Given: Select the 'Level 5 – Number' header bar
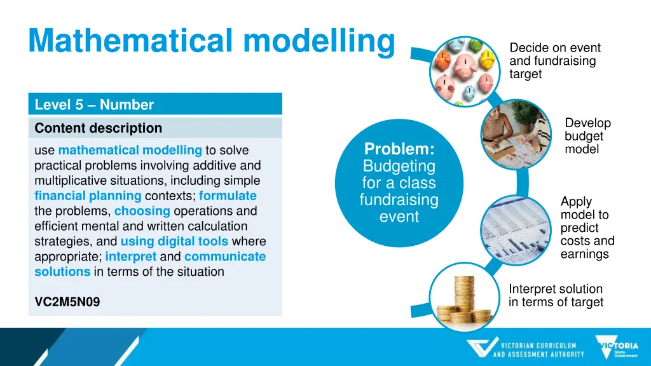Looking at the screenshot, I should (154, 104).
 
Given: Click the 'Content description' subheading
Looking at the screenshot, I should (99, 128).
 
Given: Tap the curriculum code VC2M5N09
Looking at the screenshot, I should (67, 302).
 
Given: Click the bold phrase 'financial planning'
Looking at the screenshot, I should (88, 196).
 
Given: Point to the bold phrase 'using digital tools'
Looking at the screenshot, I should (174, 241).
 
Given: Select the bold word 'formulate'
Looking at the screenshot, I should (228, 196).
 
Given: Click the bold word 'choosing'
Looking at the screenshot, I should (142, 211).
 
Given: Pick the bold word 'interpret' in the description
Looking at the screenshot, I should (130, 257).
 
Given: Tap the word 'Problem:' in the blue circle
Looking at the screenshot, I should (399, 149).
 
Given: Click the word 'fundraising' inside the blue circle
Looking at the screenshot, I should (399, 200).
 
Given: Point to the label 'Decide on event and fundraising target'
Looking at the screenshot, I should (553, 61).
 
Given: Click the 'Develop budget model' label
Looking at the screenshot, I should (587, 136).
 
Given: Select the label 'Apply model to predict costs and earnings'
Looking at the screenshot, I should (587, 227).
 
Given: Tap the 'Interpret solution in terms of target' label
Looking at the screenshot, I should (556, 295).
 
